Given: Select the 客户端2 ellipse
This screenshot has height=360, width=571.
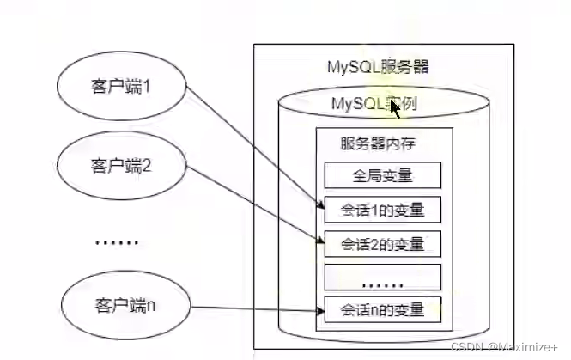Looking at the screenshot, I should (121, 165).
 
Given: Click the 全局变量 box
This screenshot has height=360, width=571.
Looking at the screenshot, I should (382, 176).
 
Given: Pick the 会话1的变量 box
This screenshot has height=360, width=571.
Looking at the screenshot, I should (382, 210).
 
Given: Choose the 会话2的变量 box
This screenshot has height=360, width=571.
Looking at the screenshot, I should (382, 243).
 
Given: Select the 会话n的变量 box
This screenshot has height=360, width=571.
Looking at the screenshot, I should (382, 309).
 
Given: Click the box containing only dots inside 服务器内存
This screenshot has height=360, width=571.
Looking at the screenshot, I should (382, 277).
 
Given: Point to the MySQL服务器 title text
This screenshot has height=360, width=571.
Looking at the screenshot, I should (379, 66).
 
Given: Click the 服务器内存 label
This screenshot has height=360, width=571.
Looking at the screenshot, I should (379, 143).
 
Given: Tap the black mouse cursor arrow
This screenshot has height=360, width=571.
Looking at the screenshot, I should (396, 107).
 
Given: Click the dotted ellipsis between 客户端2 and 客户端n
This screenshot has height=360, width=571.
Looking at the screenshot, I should (115, 242).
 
